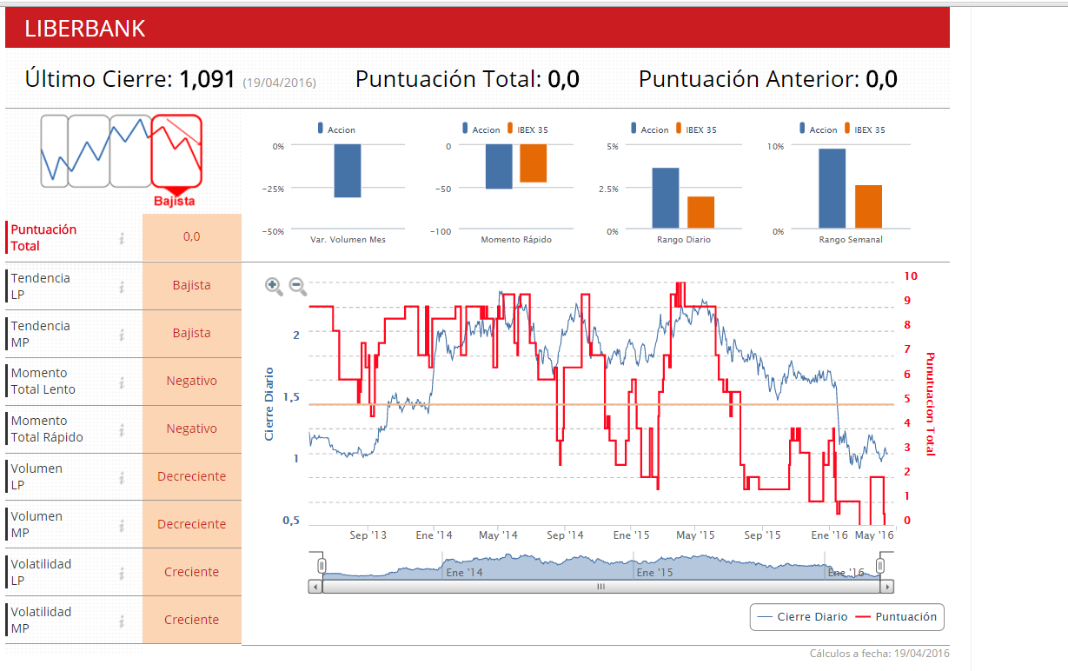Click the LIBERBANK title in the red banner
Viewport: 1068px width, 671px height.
click(85, 29)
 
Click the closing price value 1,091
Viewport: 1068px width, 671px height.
click(207, 79)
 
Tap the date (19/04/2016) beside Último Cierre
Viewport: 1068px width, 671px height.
click(279, 83)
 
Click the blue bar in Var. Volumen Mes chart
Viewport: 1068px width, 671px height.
click(347, 171)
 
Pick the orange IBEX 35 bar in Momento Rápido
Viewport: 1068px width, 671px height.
click(533, 163)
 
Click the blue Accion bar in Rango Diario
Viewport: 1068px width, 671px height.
click(665, 198)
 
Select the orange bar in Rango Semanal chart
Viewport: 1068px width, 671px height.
click(868, 207)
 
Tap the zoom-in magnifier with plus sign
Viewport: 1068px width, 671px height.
click(274, 286)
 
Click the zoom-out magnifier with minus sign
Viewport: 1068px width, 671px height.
click(297, 286)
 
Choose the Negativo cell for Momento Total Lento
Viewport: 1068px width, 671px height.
click(191, 381)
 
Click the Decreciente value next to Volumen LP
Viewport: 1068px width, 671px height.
click(191, 476)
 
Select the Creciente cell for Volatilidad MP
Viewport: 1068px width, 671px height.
click(191, 620)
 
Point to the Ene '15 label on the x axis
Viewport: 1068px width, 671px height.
click(631, 535)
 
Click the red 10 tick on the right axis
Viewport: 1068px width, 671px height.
click(911, 276)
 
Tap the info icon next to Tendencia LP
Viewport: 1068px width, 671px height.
click(122, 286)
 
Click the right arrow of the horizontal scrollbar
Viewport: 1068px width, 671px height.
click(886, 587)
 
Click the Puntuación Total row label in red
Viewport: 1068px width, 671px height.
click(43, 237)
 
